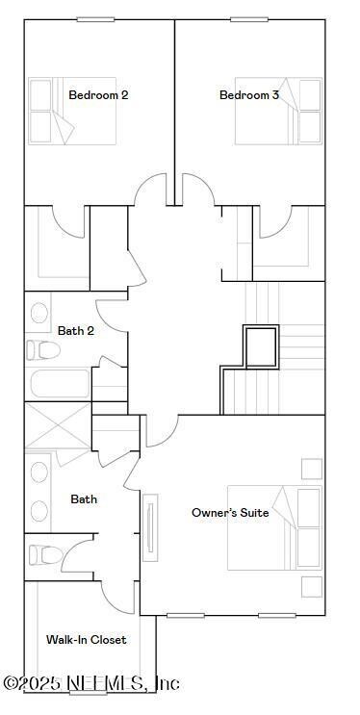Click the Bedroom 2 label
point(98,95)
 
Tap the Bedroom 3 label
point(249,95)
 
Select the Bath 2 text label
point(76,331)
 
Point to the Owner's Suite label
point(230,513)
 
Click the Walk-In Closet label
point(87,640)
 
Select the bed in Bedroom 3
point(277,111)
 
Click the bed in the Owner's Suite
point(273,528)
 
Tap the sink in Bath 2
point(39,313)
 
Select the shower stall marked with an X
point(57,426)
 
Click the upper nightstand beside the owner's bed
point(311,469)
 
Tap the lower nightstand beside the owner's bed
point(311,586)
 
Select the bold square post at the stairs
point(260,347)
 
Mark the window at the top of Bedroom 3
point(249,19)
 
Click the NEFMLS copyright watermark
point(90,683)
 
